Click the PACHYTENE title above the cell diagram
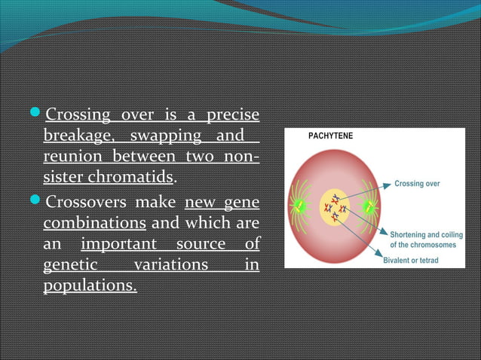tap(330, 136)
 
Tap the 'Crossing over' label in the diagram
tap(417, 184)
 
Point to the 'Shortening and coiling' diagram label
tap(426, 235)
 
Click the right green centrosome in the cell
tap(369, 206)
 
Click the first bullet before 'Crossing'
tap(38, 115)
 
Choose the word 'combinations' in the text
tap(94, 224)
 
